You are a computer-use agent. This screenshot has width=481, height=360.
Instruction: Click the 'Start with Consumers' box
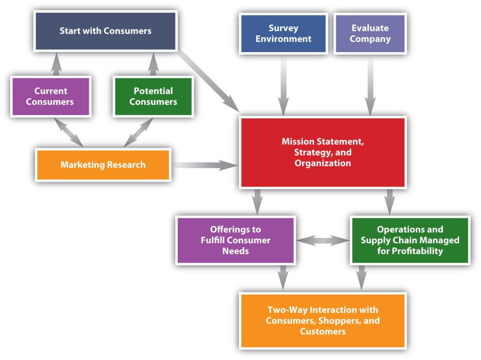(x=105, y=31)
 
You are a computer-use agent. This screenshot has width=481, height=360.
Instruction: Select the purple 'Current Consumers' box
(x=50, y=96)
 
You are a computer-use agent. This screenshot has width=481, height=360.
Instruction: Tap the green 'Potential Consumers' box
(x=153, y=96)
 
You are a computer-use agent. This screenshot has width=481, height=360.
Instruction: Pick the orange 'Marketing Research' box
(x=103, y=165)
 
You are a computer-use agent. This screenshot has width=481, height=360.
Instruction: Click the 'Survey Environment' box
(x=283, y=34)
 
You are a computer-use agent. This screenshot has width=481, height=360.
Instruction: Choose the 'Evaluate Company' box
(x=370, y=34)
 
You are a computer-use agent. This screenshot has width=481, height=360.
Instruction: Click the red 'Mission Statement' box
(x=323, y=152)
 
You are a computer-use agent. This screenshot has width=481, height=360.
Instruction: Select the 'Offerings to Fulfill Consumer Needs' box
(x=236, y=240)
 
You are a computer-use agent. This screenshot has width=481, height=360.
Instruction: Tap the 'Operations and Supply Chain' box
(x=410, y=240)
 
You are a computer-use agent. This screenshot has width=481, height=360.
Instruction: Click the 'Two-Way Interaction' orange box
(x=323, y=321)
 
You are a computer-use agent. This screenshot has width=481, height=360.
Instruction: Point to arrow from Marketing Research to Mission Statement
(x=205, y=165)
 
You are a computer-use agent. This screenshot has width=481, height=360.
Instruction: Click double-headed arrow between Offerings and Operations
(x=323, y=241)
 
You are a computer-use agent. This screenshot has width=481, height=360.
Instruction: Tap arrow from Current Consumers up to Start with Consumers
(x=56, y=65)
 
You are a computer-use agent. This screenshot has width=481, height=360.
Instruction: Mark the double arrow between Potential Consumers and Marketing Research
(x=138, y=133)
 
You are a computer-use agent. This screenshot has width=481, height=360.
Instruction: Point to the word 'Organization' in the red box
(x=323, y=163)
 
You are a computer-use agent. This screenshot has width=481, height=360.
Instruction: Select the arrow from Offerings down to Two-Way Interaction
(x=283, y=277)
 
